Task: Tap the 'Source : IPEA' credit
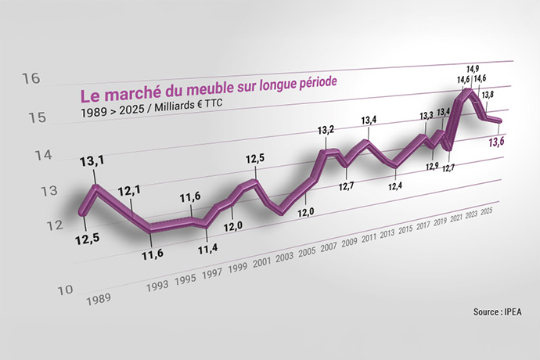(497, 312)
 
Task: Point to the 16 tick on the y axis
(31, 78)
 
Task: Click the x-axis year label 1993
(160, 287)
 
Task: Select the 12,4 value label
(395, 185)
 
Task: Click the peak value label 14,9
(472, 69)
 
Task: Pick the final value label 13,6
(496, 142)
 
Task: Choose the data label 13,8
(486, 95)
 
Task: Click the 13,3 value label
(427, 116)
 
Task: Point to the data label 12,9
(432, 165)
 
